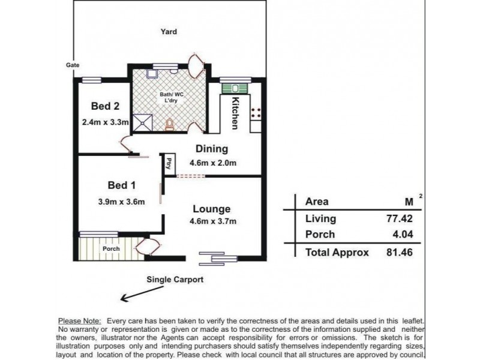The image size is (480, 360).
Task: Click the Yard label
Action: pyautogui.click(x=169, y=32)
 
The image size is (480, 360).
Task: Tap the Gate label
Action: pyautogui.click(x=73, y=65)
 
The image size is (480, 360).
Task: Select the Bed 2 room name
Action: pyautogui.click(x=106, y=106)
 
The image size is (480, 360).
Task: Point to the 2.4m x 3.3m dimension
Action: pyautogui.click(x=106, y=122)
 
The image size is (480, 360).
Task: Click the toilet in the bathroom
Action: pyautogui.click(x=169, y=125)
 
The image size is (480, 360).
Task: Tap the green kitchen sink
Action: pyautogui.click(x=235, y=88)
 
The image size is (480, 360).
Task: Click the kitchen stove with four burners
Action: pyautogui.click(x=256, y=113)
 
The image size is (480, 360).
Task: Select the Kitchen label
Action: pyautogui.click(x=235, y=113)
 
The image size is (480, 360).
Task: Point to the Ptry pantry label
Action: pyautogui.click(x=168, y=163)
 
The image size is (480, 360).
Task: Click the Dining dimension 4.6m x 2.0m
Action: pyautogui.click(x=213, y=163)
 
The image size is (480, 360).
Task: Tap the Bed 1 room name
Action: pyautogui.click(x=122, y=185)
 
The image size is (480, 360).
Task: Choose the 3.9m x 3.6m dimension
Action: pyautogui.click(x=122, y=202)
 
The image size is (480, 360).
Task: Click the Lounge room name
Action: pyautogui.click(x=212, y=209)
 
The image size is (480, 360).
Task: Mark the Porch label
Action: pyautogui.click(x=111, y=248)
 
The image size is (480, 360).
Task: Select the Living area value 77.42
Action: pyautogui.click(x=399, y=218)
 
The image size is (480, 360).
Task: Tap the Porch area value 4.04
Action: pyautogui.click(x=403, y=235)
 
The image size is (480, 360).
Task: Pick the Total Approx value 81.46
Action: pyautogui.click(x=399, y=252)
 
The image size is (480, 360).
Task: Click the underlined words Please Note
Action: pyautogui.click(x=80, y=321)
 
